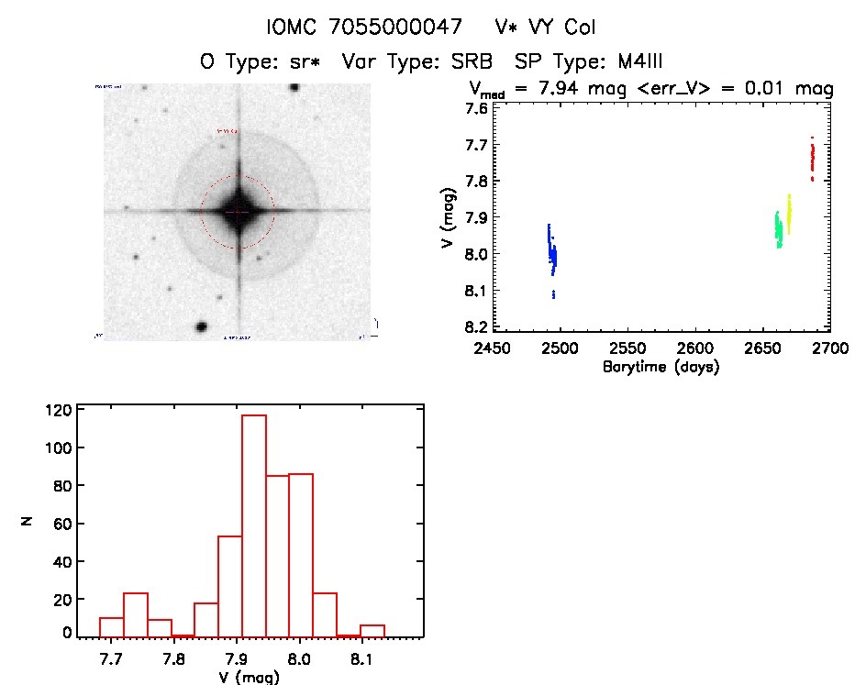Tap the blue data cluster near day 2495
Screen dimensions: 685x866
coord(551,253)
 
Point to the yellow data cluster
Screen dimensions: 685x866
coord(788,214)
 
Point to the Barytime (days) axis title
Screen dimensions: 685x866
coord(661,367)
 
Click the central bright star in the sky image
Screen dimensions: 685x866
coord(238,212)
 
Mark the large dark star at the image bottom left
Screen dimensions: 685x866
coord(200,326)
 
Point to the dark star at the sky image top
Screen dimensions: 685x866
coord(294,87)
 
